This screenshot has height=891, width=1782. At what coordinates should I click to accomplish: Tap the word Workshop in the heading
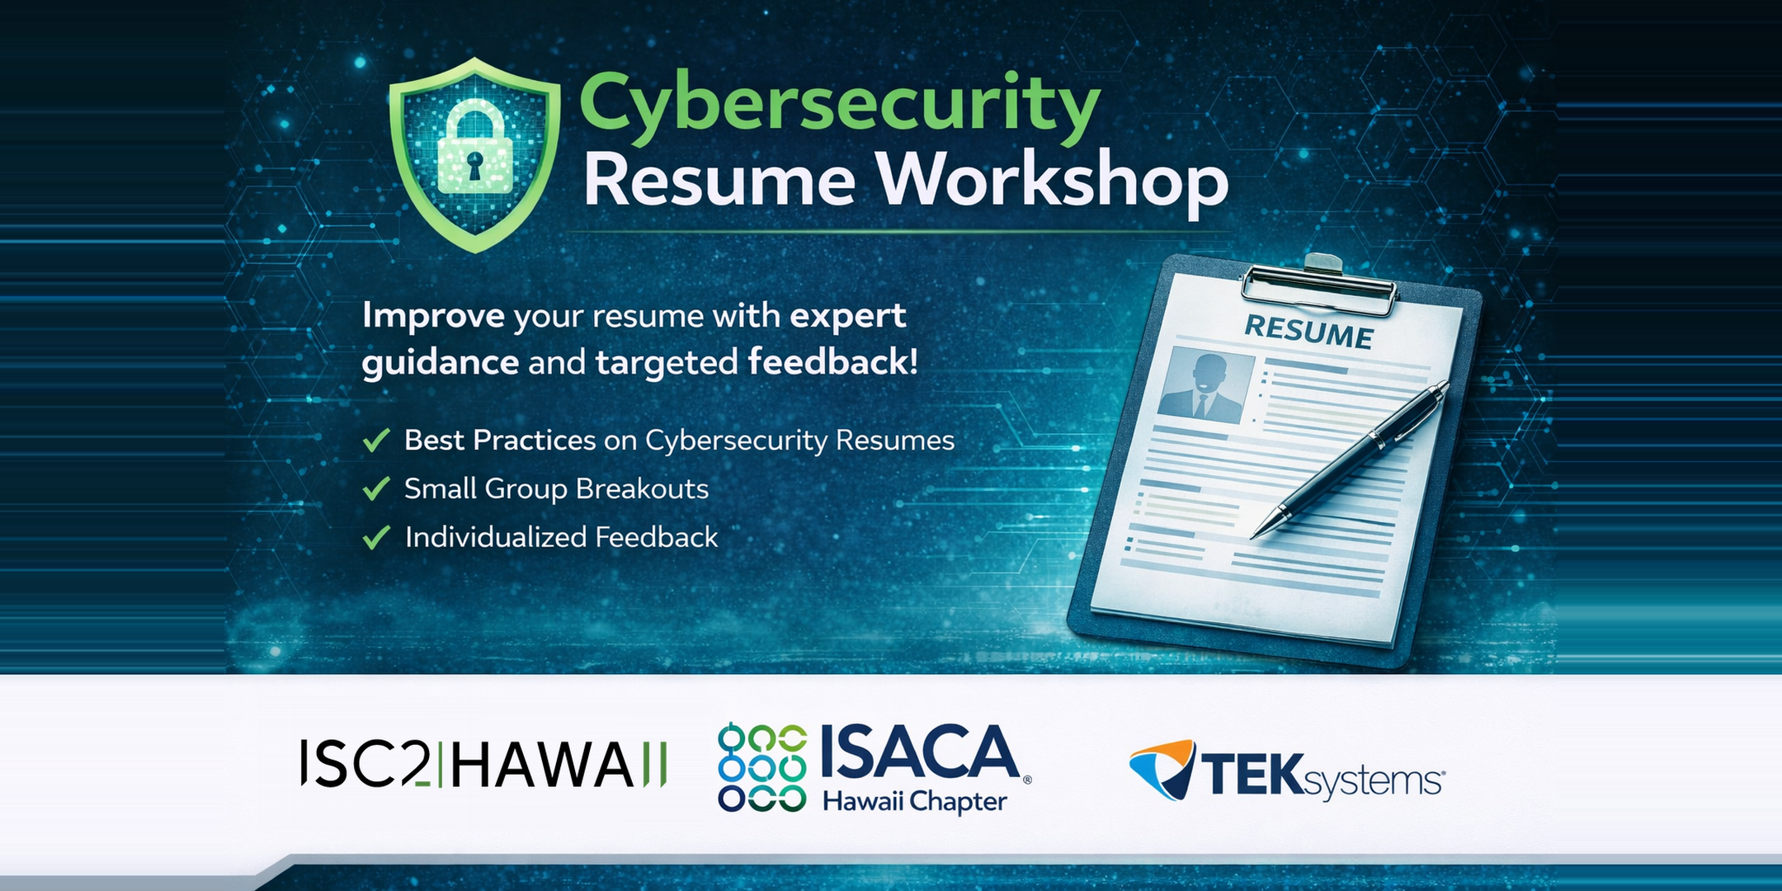pyautogui.click(x=1052, y=182)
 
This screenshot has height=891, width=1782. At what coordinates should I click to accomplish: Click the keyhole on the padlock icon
pyautogui.click(x=475, y=164)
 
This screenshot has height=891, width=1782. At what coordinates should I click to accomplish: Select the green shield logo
pyautogui.click(x=475, y=155)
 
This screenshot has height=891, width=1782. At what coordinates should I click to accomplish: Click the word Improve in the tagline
pyautogui.click(x=433, y=316)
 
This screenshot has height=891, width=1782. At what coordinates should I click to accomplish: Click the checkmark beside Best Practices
pyautogui.click(x=376, y=441)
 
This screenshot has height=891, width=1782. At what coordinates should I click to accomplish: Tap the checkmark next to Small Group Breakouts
pyautogui.click(x=376, y=489)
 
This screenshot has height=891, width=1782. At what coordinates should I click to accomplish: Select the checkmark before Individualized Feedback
pyautogui.click(x=376, y=538)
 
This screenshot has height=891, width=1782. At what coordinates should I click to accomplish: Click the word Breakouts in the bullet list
pyautogui.click(x=642, y=488)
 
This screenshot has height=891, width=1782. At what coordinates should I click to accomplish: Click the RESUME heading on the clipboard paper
pyautogui.click(x=1308, y=332)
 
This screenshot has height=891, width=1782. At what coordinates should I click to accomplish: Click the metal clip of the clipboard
pyautogui.click(x=1319, y=285)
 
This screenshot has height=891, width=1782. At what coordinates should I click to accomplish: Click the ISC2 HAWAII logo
pyautogui.click(x=483, y=764)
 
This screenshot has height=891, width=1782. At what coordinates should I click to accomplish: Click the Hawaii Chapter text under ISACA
pyautogui.click(x=915, y=801)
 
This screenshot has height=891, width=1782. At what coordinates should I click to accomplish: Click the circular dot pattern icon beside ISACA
pyautogui.click(x=762, y=768)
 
